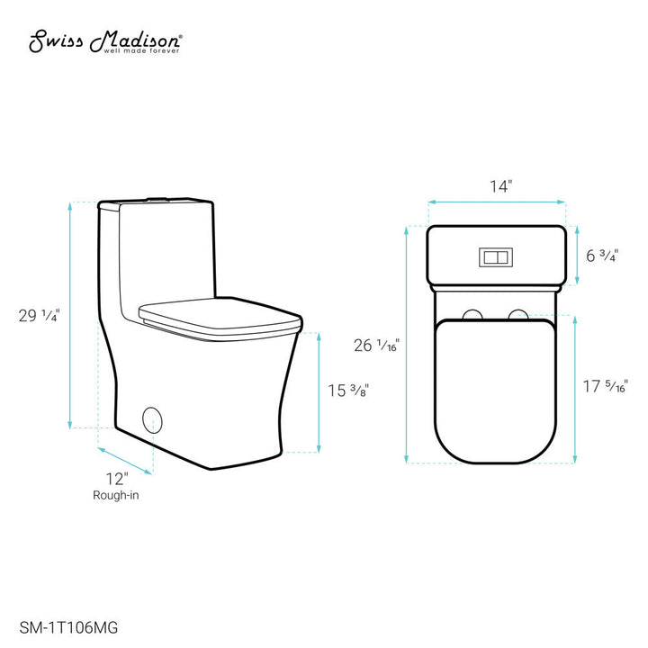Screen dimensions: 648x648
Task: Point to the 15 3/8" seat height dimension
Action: (347, 391)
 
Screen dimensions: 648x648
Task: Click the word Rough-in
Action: (115, 495)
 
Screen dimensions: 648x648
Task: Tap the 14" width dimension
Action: (500, 187)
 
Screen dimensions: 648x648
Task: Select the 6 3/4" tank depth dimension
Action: (602, 255)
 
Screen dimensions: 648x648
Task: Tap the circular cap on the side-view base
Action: (152, 420)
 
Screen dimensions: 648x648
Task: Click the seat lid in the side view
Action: (219, 315)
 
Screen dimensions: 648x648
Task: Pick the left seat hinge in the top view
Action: (471, 313)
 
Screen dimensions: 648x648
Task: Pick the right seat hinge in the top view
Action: (517, 313)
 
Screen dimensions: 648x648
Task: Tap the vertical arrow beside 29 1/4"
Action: (71, 315)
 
